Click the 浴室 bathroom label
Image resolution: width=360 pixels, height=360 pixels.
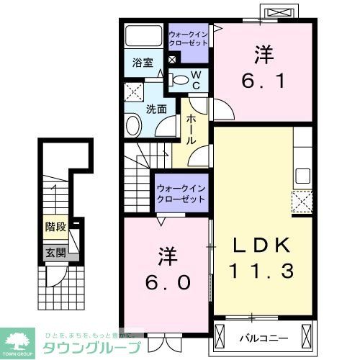(x=143, y=63)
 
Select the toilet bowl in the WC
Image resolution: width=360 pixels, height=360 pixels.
(x=181, y=79)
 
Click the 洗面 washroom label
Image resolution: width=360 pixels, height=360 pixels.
(x=156, y=109)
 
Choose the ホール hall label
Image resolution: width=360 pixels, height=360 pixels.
(x=192, y=130)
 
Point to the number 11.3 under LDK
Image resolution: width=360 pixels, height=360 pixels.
(x=263, y=271)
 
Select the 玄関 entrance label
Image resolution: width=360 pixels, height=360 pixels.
(x=55, y=252)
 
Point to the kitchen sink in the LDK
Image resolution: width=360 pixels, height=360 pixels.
(x=302, y=175)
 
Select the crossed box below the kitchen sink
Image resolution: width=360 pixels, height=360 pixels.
(x=302, y=200)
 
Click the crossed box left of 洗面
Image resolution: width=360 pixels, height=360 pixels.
(x=132, y=91)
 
